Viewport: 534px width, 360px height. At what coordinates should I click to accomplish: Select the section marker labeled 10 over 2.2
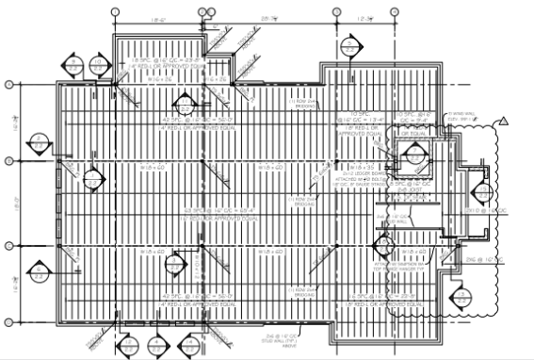coord(98,65)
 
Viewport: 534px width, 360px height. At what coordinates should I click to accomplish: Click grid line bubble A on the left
coord(10,84)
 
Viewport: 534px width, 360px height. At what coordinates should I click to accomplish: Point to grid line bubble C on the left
coord(10,246)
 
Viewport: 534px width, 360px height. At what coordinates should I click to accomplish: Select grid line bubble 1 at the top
coord(114,10)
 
